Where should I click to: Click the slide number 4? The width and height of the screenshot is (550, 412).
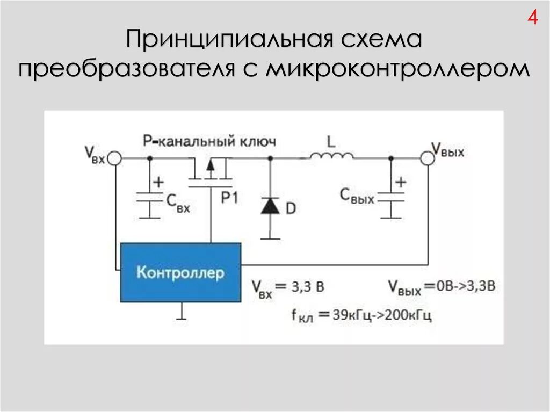532,18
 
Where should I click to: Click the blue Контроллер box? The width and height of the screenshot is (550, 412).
180,272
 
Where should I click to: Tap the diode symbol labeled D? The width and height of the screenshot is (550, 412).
270,206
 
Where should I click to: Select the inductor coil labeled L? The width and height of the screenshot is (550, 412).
331,155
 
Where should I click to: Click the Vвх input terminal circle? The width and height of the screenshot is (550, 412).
114,158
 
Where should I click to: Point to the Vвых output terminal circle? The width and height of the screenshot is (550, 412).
428,158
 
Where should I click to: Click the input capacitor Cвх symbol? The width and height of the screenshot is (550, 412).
150,199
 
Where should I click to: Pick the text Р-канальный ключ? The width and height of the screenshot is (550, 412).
209,141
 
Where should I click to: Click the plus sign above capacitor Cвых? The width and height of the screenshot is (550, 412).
401,182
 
